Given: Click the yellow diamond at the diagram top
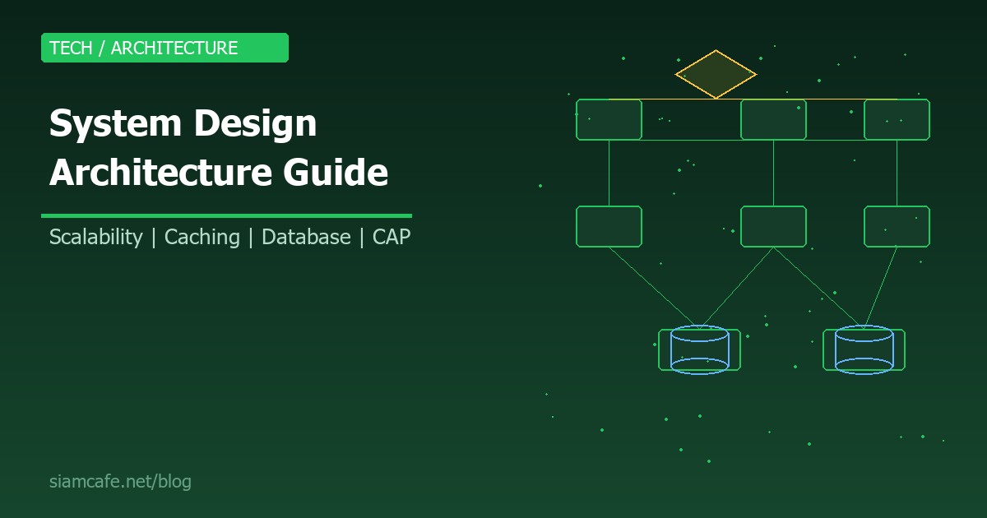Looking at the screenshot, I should click(716, 74).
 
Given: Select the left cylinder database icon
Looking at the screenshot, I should click(699, 349).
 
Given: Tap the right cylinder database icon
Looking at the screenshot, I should click(864, 349).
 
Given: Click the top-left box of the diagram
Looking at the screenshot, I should click(609, 119).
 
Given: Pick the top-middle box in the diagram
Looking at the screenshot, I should click(773, 119).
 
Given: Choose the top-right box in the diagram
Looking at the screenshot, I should click(897, 119).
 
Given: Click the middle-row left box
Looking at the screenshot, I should click(609, 226).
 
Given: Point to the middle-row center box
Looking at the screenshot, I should click(773, 226).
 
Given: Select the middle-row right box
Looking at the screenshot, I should click(897, 226).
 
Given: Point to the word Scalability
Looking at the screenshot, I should click(95, 238).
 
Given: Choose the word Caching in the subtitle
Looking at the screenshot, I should click(202, 238).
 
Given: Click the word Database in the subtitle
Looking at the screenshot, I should click(306, 238).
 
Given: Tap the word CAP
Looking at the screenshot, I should click(392, 238).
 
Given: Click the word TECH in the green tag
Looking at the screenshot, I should click(71, 48).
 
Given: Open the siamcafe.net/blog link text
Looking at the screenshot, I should click(120, 482).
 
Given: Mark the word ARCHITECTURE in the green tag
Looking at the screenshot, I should click(174, 48).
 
